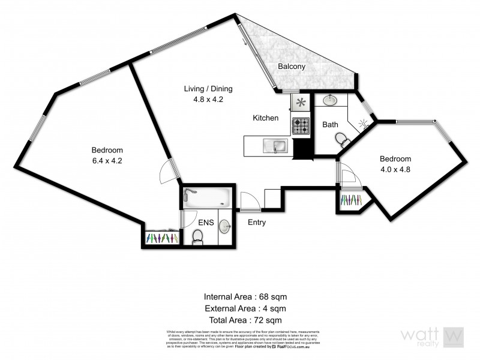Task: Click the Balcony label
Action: pyautogui.click(x=292, y=67)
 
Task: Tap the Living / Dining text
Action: pyautogui.click(x=208, y=89)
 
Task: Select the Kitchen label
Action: pyautogui.click(x=265, y=118)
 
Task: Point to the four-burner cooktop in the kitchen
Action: pyautogui.click(x=300, y=125)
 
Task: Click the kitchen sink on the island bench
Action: pyautogui.click(x=279, y=145)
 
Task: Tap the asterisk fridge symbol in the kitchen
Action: pyautogui.click(x=300, y=103)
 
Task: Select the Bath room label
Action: pyautogui.click(x=330, y=125)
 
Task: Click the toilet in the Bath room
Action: pyautogui.click(x=343, y=140)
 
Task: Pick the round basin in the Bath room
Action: pyautogui.click(x=330, y=100)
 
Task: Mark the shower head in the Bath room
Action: pyautogui.click(x=362, y=125)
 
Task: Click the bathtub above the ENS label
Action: pyautogui.click(x=206, y=196)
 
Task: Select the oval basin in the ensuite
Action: pyautogui.click(x=224, y=226)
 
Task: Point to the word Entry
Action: pyautogui.click(x=257, y=223)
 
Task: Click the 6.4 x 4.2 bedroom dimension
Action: pyautogui.click(x=107, y=161)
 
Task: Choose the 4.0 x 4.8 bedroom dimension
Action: pyautogui.click(x=395, y=169)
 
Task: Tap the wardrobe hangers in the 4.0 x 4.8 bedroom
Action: pyautogui.click(x=350, y=200)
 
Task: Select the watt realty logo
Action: pyautogui.click(x=433, y=338)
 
